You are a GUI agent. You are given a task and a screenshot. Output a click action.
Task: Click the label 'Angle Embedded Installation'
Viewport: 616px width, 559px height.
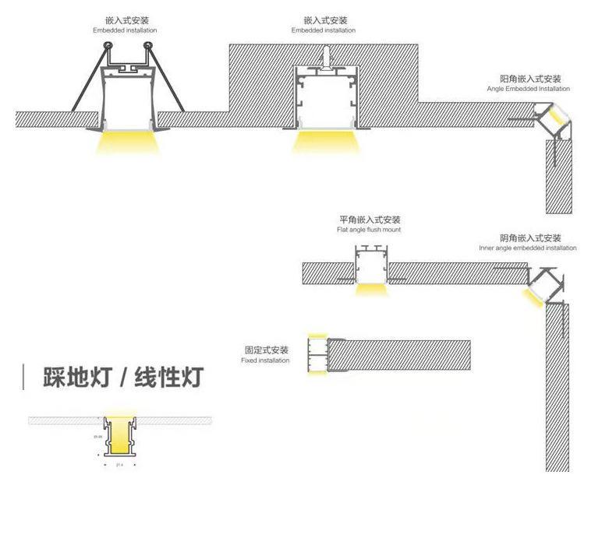[x=528, y=89]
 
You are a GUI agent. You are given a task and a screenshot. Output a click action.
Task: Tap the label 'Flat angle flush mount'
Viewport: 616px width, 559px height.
[x=369, y=230]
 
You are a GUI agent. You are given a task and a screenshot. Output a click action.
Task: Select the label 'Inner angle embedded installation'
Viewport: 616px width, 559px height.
[x=528, y=248]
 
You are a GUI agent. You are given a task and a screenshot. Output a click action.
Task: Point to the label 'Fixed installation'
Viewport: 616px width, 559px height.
[x=265, y=360]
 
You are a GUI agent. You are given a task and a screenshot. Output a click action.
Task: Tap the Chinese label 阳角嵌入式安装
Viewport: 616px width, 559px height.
[x=529, y=79]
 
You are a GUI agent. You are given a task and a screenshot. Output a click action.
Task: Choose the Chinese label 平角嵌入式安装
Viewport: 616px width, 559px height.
[x=370, y=220]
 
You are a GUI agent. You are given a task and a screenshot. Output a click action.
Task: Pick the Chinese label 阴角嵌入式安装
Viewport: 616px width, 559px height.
[x=531, y=237]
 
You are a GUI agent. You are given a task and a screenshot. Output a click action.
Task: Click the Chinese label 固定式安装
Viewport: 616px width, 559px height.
[x=266, y=350]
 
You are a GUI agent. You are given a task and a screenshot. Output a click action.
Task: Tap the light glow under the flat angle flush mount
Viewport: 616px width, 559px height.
[x=371, y=290]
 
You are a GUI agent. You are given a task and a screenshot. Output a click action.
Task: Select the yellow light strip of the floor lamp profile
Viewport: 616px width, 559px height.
[x=120, y=443]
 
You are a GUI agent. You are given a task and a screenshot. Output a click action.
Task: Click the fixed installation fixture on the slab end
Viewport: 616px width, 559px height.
[x=317, y=355]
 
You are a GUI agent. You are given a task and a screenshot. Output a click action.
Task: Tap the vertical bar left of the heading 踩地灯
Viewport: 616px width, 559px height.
[x=24, y=378]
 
